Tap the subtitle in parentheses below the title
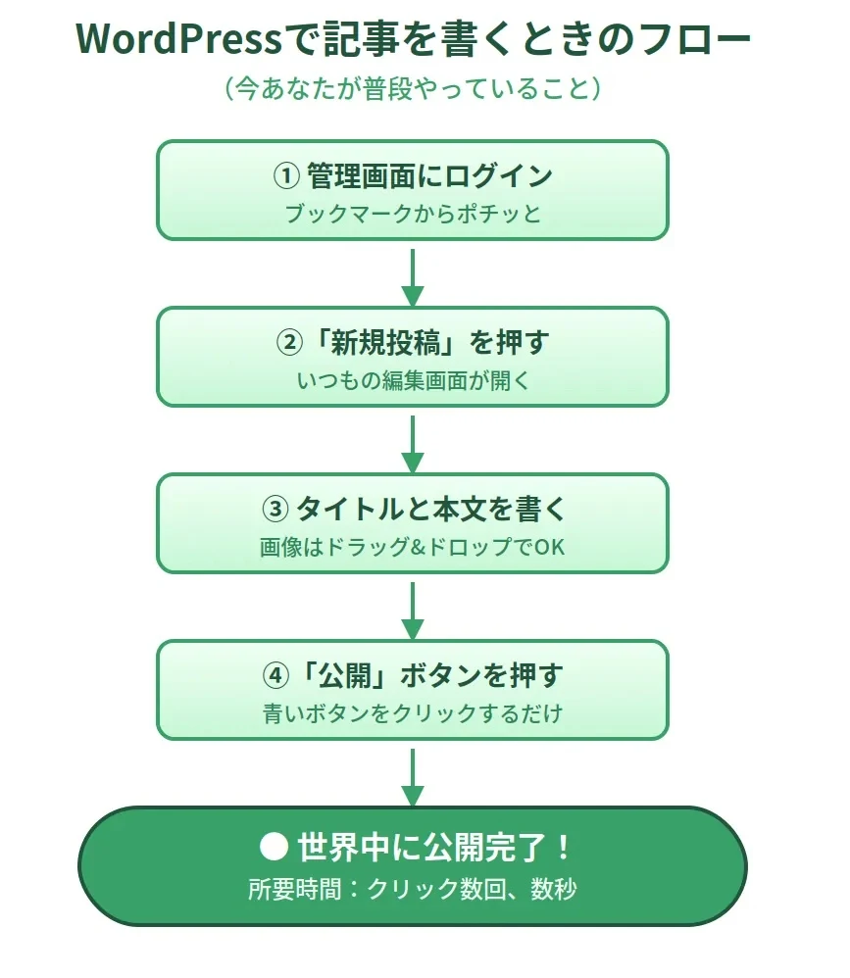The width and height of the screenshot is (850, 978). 412,89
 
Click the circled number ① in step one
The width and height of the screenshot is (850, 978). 285,176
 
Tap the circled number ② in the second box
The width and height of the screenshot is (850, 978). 287,343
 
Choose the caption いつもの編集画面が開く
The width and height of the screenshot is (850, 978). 412,380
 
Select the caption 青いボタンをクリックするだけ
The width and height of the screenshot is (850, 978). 412,713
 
